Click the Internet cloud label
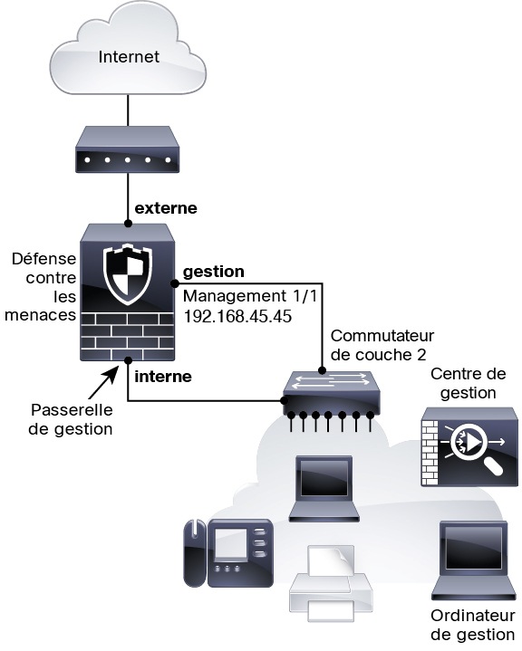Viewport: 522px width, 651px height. pyautogui.click(x=129, y=57)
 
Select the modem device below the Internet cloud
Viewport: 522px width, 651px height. pyautogui.click(x=128, y=149)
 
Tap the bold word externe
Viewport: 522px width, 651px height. pyautogui.click(x=166, y=208)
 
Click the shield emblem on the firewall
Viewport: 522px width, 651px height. pyautogui.click(x=128, y=275)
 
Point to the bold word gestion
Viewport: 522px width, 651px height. pyautogui.click(x=214, y=272)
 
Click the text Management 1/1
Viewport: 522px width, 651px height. pyautogui.click(x=250, y=296)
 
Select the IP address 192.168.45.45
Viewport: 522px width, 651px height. pyautogui.click(x=237, y=316)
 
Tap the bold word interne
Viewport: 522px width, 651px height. pyautogui.click(x=163, y=377)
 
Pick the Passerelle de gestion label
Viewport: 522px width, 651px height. pyautogui.click(x=71, y=419)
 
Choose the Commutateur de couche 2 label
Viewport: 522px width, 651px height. pyautogui.click(x=382, y=345)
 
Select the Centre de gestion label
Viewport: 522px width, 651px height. pyautogui.click(x=469, y=383)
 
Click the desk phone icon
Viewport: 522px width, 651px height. pyautogui.click(x=228, y=552)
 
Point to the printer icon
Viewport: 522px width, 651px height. pyautogui.click(x=331, y=584)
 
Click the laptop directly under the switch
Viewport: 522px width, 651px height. pyautogui.click(x=324, y=489)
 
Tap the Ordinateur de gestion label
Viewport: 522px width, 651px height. pyautogui.click(x=473, y=625)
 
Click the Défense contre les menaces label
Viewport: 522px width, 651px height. pyautogui.click(x=40, y=287)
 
